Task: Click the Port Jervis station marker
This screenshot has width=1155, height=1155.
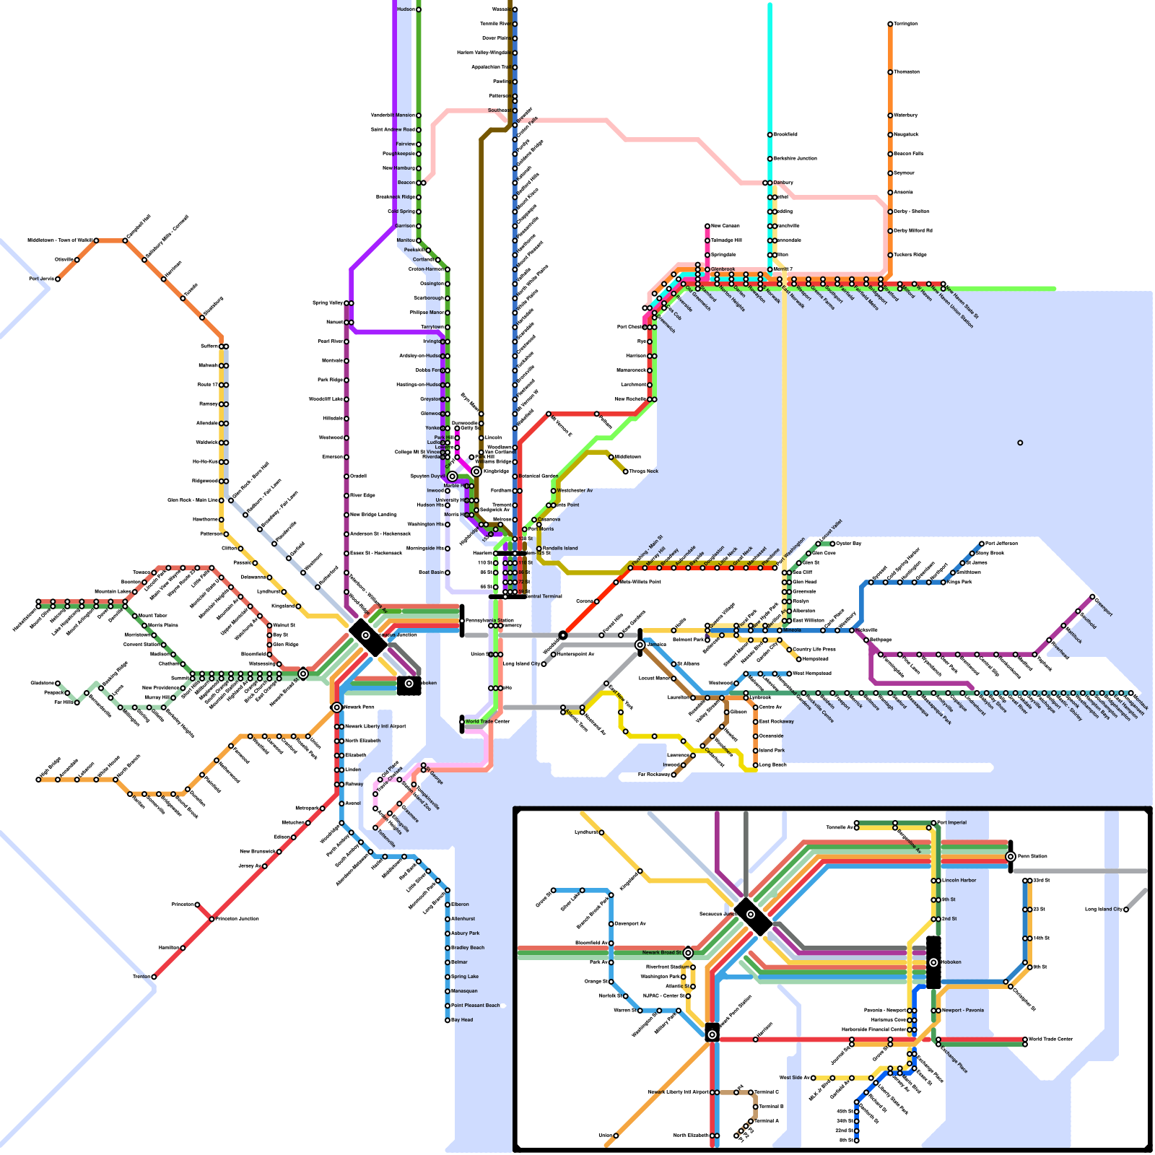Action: point(58,279)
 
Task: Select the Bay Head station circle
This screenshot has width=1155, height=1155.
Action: point(448,1020)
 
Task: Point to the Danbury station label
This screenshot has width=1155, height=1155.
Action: point(783,183)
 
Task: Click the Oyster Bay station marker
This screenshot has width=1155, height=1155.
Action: point(832,544)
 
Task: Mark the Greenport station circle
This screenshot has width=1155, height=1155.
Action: point(1092,597)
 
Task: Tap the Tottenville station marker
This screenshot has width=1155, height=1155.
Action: point(375,828)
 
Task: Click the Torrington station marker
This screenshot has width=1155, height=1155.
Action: point(890,24)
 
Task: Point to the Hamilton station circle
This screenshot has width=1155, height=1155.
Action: point(183,948)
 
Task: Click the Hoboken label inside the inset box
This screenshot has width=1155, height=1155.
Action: point(952,962)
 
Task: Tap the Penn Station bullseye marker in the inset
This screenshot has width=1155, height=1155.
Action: point(1011,857)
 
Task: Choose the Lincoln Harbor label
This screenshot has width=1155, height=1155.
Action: point(959,881)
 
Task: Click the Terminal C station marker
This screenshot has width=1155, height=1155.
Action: point(751,1092)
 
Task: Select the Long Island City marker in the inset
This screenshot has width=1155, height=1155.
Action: point(1126,910)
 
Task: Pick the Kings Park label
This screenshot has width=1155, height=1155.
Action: point(960,582)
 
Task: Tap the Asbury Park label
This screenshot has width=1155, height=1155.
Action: point(466,933)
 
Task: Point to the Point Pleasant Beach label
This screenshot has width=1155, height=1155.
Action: point(476,1006)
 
